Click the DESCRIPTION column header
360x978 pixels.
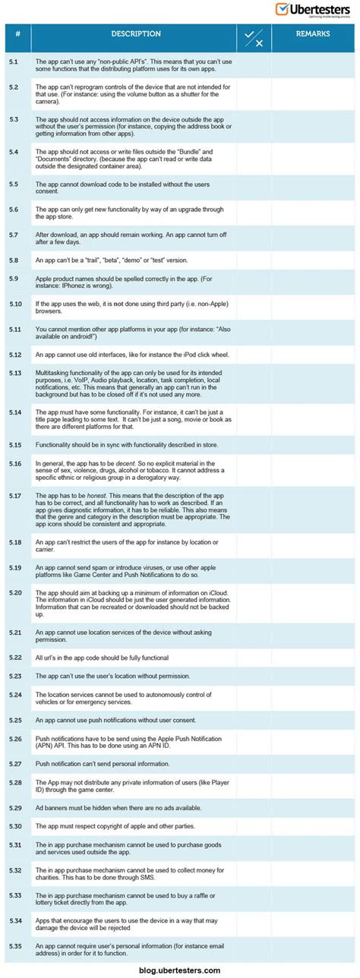click(136, 34)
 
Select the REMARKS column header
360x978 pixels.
click(312, 34)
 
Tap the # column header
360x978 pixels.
click(17, 34)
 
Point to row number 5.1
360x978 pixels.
click(14, 61)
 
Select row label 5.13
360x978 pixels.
click(15, 373)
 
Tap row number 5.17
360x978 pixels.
click(15, 494)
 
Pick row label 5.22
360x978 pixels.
click(15, 657)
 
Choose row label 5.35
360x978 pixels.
click(15, 945)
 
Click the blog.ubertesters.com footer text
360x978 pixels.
click(180, 970)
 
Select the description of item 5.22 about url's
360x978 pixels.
click(102, 657)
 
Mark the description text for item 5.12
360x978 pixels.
click(131, 355)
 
